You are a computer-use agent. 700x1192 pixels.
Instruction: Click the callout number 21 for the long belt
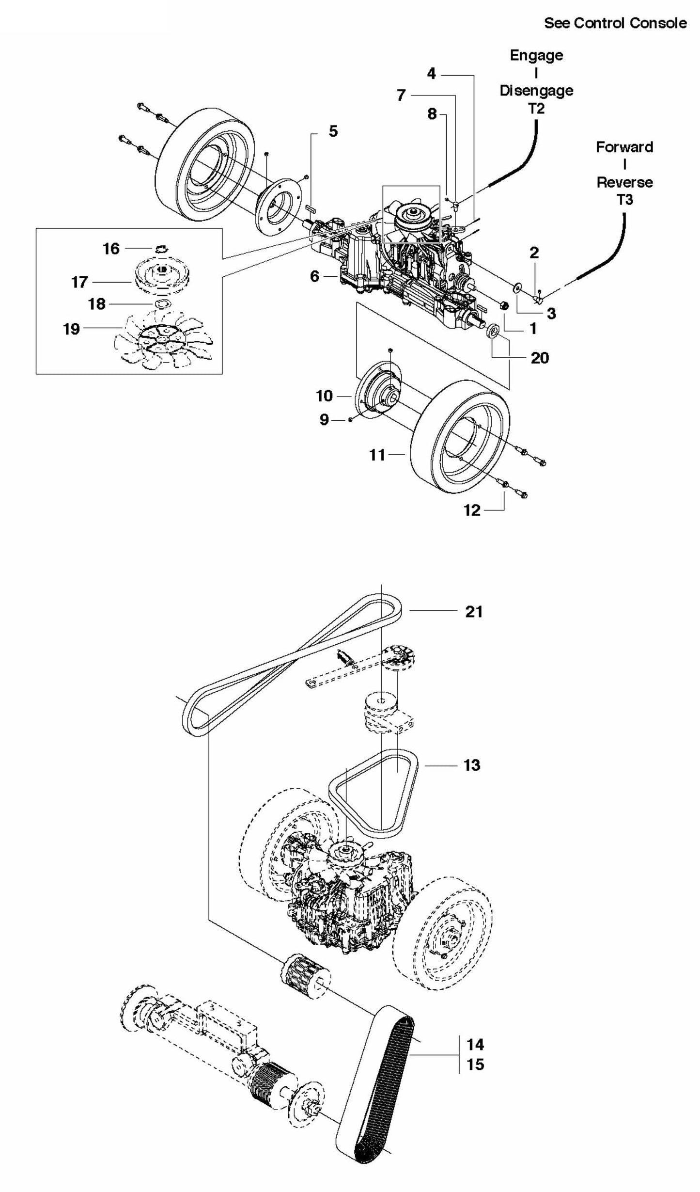coord(474,612)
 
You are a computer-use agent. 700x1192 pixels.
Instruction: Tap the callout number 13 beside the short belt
coord(472,765)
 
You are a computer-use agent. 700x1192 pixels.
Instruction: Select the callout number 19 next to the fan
coord(71,329)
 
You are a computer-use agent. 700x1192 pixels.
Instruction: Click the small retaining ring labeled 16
coord(162,249)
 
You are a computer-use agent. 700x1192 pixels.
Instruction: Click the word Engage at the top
coord(536,55)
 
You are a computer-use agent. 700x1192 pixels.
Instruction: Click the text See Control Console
coord(615,23)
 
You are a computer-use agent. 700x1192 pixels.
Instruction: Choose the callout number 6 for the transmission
coord(315,276)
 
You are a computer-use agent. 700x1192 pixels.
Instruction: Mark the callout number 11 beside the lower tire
coord(377,455)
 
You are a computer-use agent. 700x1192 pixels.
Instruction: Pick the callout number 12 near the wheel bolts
coord(472,510)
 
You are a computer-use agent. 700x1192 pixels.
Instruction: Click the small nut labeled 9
coord(350,420)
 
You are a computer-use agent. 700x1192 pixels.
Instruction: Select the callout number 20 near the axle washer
coord(540,358)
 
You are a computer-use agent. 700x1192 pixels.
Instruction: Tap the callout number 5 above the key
coord(333,131)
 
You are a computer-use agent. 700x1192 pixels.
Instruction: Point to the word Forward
coord(624,147)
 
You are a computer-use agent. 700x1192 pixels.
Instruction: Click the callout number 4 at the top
coord(431,74)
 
